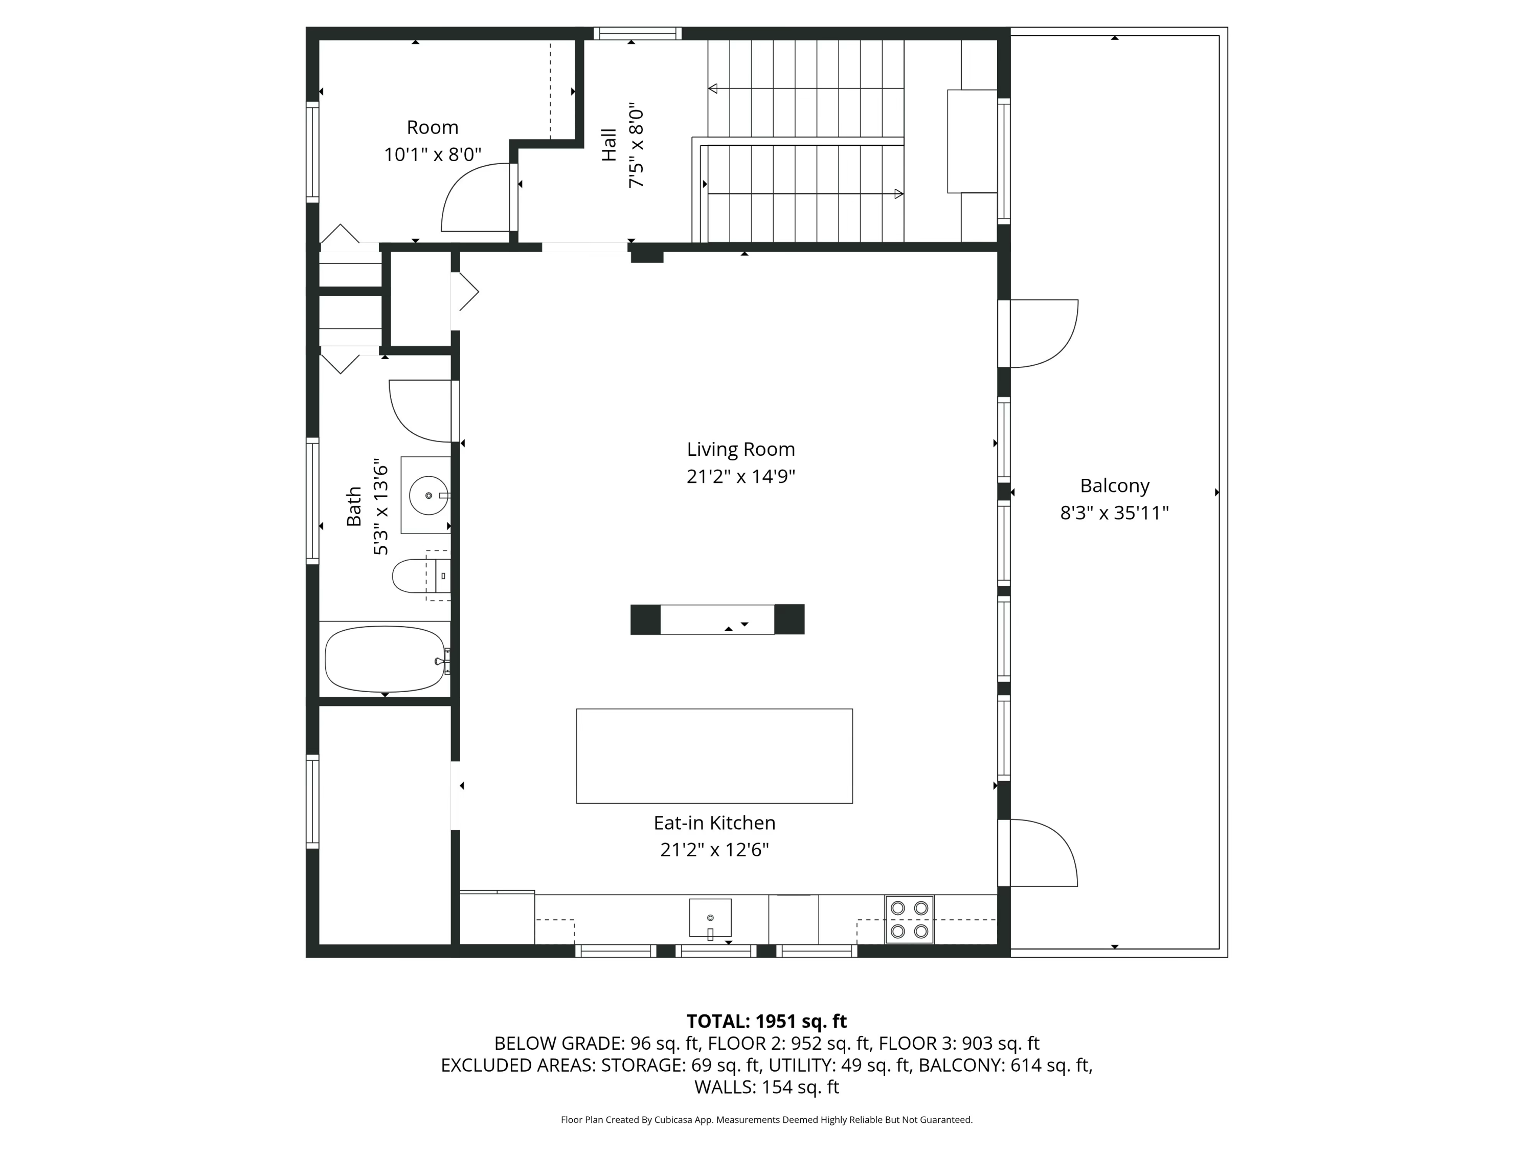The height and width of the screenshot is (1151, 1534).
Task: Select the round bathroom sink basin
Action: (428, 495)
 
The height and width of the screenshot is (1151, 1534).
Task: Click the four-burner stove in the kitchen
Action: (909, 919)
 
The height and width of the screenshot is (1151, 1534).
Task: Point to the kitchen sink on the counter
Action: (710, 917)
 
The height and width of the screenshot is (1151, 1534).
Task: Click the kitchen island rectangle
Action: (714, 756)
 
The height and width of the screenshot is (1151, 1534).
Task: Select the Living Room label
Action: (740, 450)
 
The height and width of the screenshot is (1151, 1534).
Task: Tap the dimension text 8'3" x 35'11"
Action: (1114, 514)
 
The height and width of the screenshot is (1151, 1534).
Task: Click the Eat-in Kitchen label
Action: (714, 823)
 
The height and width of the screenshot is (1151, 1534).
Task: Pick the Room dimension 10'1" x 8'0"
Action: (433, 154)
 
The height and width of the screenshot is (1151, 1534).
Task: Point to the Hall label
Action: (609, 145)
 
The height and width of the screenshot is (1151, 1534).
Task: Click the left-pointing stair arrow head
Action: (713, 89)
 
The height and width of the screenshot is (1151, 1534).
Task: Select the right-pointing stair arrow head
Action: (899, 193)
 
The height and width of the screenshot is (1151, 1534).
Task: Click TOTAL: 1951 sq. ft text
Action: (766, 1021)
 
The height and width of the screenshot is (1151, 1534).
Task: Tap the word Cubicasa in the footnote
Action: (670, 1120)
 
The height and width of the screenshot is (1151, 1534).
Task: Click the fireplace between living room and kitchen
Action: (717, 619)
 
